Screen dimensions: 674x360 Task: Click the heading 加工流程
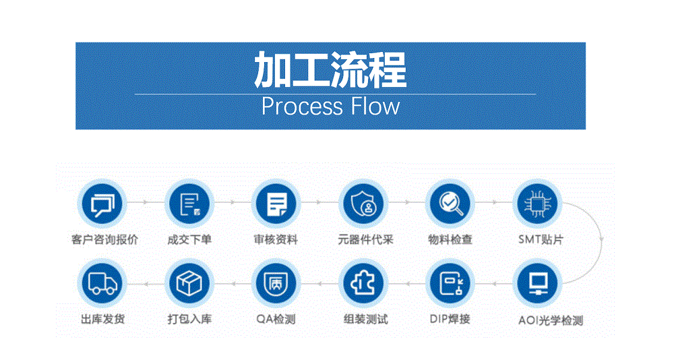(x=330, y=69)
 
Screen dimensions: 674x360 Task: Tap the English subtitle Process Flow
(x=330, y=107)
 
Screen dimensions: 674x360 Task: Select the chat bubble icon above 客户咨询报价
(x=102, y=204)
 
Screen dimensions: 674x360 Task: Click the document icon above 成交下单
(x=189, y=204)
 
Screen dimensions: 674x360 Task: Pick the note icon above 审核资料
(x=276, y=204)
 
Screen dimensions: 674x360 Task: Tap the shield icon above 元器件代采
(x=363, y=204)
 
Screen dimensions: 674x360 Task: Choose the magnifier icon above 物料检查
(x=450, y=204)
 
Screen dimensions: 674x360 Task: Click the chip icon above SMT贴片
(x=537, y=204)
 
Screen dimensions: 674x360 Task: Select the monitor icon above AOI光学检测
(x=537, y=283)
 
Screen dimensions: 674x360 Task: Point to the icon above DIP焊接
(x=450, y=283)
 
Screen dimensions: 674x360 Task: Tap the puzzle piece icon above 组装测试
(x=363, y=283)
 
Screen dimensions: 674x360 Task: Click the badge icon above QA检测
(x=276, y=283)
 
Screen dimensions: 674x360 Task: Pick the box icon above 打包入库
(x=189, y=283)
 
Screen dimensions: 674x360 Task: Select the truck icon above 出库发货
(x=102, y=283)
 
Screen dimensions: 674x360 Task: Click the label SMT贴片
(x=541, y=239)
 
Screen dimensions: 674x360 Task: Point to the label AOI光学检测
(x=551, y=320)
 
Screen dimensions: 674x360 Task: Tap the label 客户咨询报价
(x=105, y=239)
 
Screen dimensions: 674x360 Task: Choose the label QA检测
(x=276, y=319)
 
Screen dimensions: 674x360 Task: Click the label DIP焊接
(x=450, y=319)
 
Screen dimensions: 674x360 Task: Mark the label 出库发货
(x=102, y=319)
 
